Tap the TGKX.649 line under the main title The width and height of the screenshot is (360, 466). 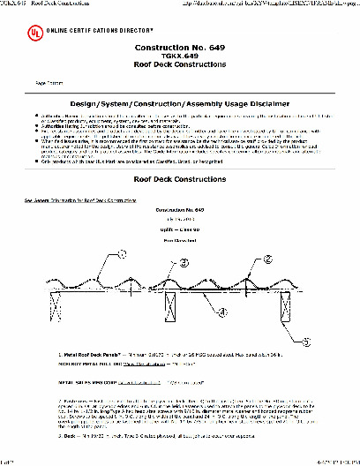[x=181, y=64]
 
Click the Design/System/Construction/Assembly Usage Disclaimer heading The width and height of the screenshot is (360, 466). [x=181, y=105]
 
